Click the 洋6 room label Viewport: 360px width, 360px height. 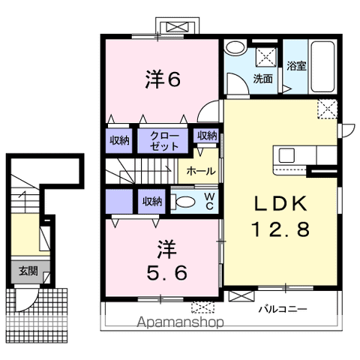[x=163, y=79]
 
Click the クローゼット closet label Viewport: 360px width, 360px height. [x=163, y=140]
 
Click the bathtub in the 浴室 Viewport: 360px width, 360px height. [x=324, y=66]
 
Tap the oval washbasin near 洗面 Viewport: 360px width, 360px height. [x=235, y=47]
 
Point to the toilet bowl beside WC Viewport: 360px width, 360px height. [x=183, y=200]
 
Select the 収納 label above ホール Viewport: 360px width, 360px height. [x=207, y=136]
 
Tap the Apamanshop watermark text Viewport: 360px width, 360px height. [x=179, y=324]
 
